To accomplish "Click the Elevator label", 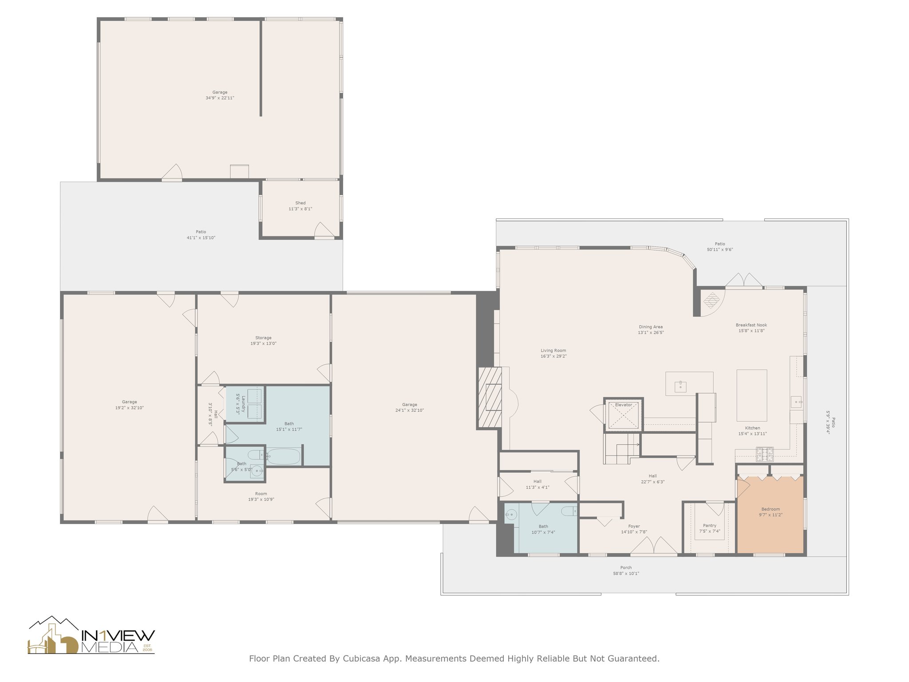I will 623,405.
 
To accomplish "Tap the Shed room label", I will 300,203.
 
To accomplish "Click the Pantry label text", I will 709,526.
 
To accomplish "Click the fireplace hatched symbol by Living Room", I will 490,397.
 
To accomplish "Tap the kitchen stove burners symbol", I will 764,454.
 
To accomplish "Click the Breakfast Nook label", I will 751,325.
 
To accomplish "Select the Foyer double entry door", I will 653,546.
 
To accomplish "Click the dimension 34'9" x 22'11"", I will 220,98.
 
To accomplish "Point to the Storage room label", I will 263,338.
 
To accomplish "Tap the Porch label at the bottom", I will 626,567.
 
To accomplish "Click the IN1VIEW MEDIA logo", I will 91,636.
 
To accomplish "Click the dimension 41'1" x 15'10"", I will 201,238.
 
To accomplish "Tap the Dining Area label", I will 651,327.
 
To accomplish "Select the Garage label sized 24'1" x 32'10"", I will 409,404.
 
